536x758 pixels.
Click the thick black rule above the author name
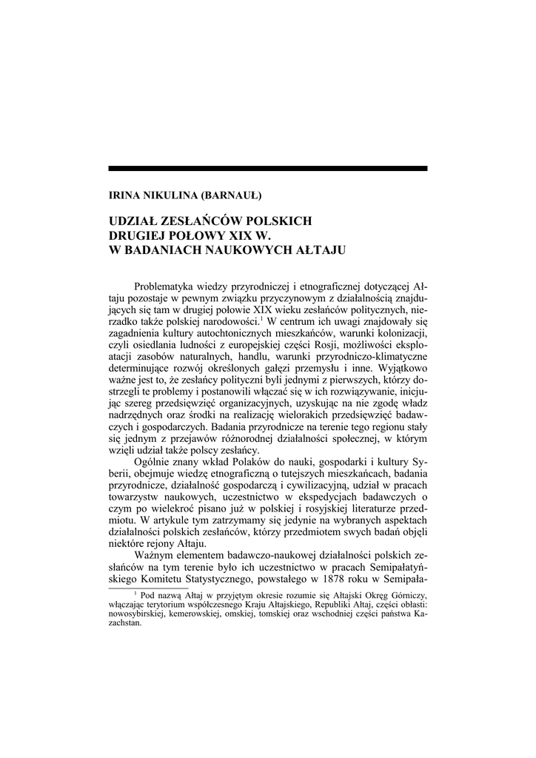click(x=267, y=169)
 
